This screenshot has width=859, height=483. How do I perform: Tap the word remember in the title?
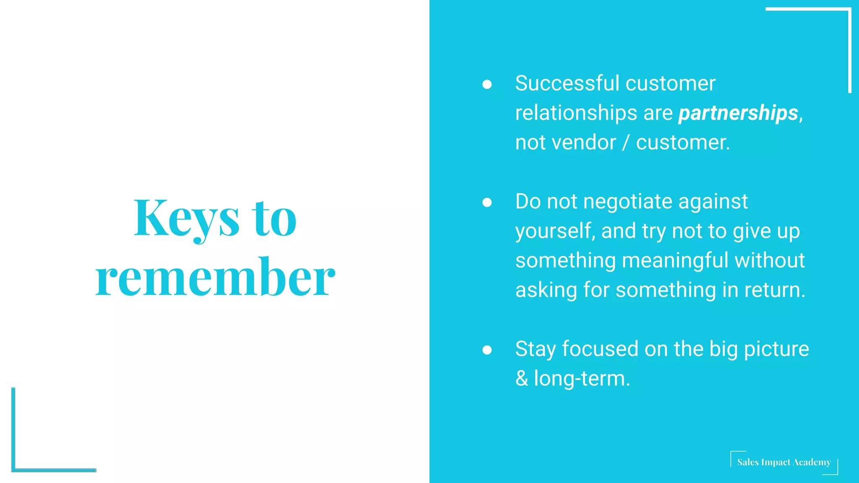[x=215, y=278]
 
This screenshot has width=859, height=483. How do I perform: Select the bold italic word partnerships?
[x=738, y=113]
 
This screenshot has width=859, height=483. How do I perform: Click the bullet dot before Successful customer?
[x=487, y=84]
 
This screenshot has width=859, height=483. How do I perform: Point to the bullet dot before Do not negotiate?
[x=487, y=203]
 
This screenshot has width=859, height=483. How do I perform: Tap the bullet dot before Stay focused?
[x=487, y=350]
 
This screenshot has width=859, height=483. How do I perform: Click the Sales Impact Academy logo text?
[x=784, y=462]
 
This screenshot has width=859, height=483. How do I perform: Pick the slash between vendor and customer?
[x=626, y=143]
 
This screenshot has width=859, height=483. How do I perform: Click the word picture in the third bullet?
[x=776, y=349]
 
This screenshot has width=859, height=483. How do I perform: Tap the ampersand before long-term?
[x=522, y=379]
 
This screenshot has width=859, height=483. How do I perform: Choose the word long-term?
[x=582, y=379]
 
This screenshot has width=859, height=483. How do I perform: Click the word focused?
[x=600, y=349]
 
